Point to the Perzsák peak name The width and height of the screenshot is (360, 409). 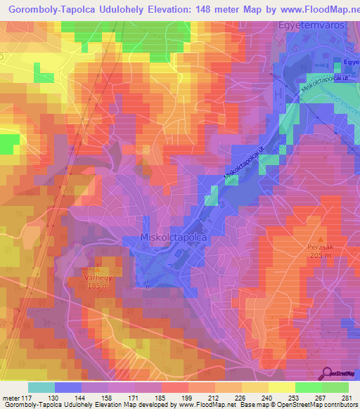click(x=321, y=247)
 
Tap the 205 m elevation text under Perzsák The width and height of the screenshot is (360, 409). click(x=321, y=255)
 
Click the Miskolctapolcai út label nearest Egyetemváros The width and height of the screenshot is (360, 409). click(x=323, y=79)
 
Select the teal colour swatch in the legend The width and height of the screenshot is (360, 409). click(x=41, y=387)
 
